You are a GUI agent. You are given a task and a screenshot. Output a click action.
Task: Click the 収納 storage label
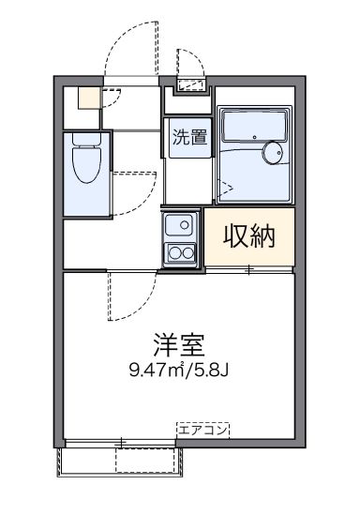pos(248,237)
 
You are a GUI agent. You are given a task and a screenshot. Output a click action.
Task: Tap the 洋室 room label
pos(178,344)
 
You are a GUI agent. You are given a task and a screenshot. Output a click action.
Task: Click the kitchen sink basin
pos(180,225)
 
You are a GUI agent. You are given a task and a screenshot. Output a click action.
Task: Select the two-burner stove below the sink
pos(180,251)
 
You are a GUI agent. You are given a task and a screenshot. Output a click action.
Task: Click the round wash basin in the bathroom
pos(274,153)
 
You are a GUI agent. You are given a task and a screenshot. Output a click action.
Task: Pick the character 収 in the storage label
pos(235,237)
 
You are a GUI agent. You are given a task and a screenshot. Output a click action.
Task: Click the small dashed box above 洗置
pos(191,86)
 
